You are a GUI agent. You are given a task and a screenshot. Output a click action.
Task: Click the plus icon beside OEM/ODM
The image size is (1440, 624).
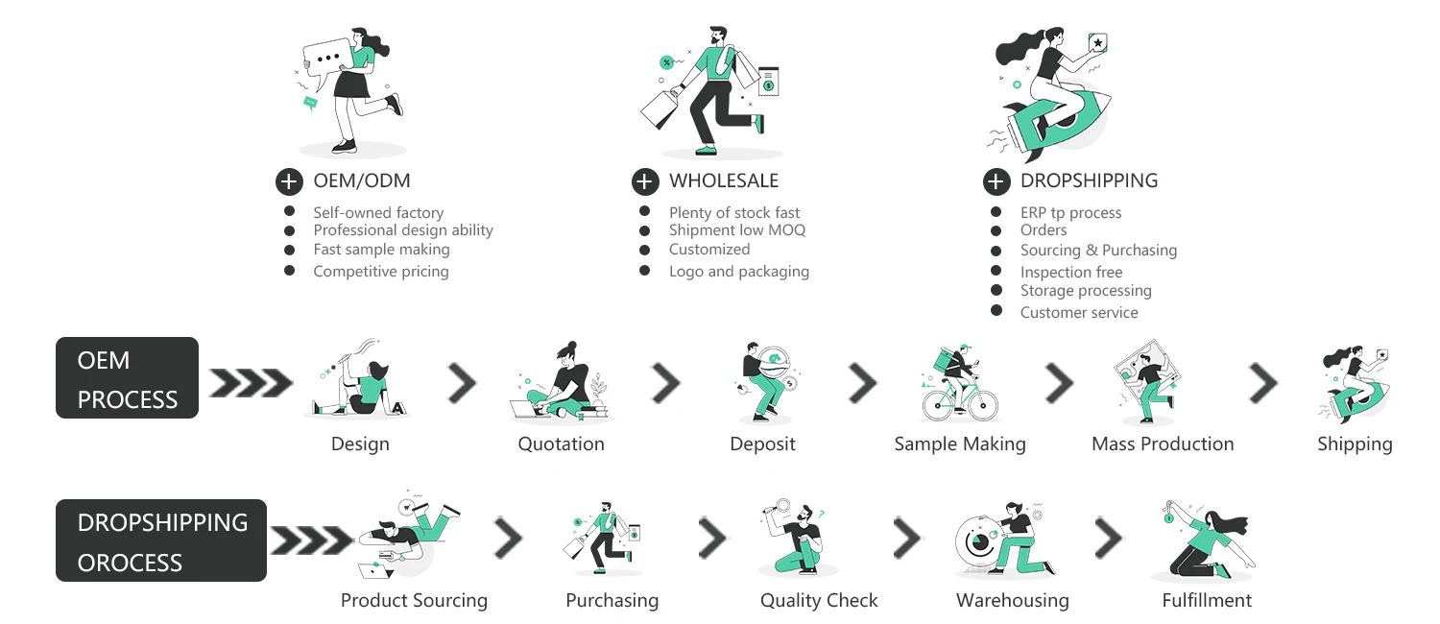click(x=289, y=181)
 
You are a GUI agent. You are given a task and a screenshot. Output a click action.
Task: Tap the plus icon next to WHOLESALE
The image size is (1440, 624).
click(x=645, y=181)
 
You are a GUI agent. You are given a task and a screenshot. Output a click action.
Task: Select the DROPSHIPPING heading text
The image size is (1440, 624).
click(x=1089, y=180)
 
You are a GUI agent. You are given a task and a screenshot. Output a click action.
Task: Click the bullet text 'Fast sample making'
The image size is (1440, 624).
click(x=381, y=250)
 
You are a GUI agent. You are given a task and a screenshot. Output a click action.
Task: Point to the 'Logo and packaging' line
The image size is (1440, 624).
click(x=738, y=272)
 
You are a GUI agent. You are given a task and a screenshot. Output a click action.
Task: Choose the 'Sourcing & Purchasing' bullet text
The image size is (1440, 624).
click(x=1098, y=251)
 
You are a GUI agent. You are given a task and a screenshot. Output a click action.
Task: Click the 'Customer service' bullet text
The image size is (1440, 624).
click(x=1079, y=313)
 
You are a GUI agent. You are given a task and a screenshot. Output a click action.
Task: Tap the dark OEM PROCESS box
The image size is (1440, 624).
click(x=127, y=378)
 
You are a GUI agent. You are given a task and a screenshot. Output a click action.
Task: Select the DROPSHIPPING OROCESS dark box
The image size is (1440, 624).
click(x=160, y=540)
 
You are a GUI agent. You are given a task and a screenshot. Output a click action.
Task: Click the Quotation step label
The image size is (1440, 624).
click(x=561, y=444)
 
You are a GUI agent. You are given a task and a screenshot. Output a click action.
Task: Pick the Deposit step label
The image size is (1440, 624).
click(x=762, y=444)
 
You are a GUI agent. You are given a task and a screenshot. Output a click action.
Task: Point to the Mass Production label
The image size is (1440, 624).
click(x=1163, y=444)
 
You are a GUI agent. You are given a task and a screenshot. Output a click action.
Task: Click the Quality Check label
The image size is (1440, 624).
click(x=819, y=601)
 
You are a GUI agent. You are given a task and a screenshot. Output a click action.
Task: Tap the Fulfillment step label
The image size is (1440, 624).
click(x=1207, y=601)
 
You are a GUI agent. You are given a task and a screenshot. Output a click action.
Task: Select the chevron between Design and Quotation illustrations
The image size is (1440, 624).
click(x=462, y=384)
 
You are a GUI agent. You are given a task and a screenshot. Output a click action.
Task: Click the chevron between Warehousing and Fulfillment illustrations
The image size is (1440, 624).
click(x=1109, y=540)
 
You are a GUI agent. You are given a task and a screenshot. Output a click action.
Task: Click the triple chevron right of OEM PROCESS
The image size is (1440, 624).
click(x=251, y=383)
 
